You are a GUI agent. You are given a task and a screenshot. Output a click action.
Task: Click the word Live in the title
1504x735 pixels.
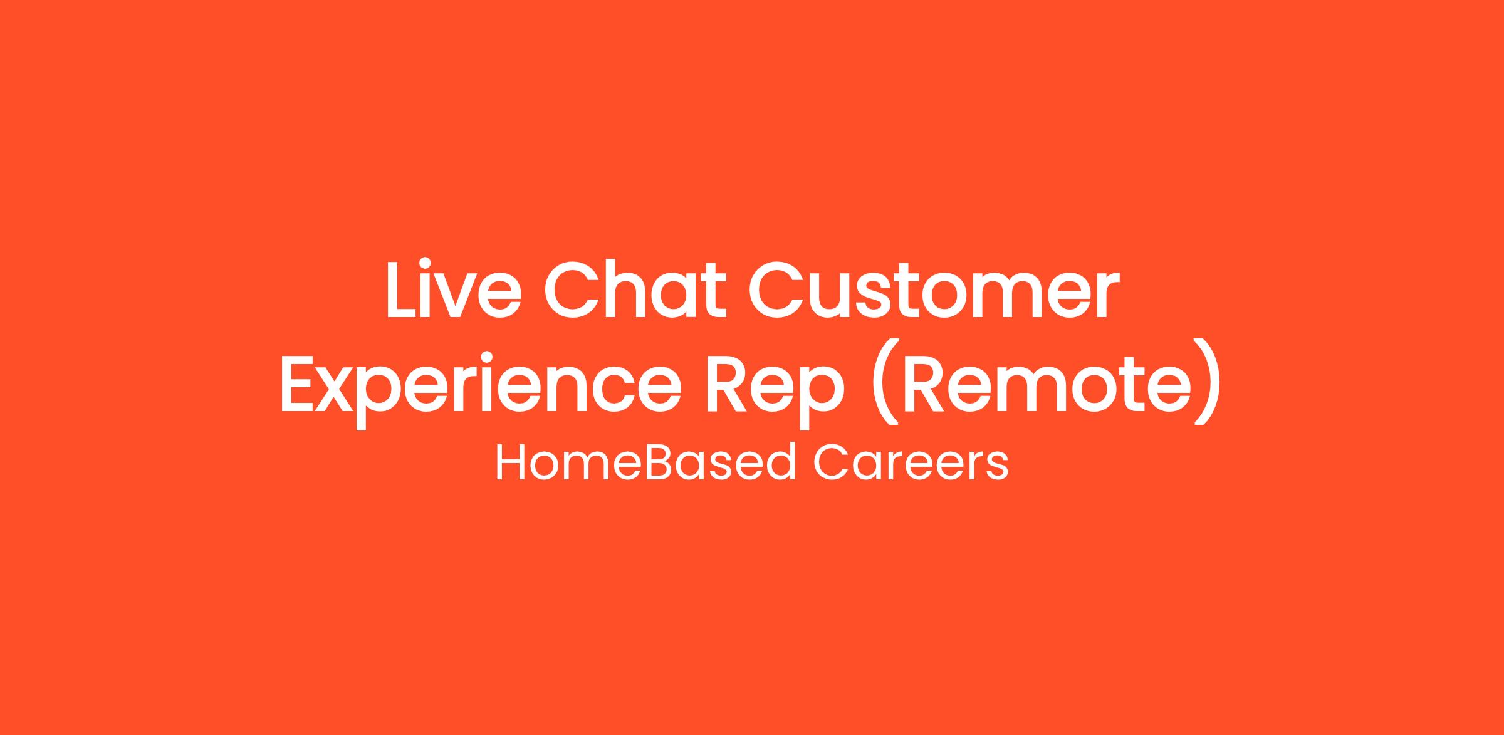tap(454, 289)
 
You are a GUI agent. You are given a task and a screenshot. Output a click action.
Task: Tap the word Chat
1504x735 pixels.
tap(635, 289)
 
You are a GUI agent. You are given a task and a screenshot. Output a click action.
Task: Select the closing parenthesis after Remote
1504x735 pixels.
tap(1209, 382)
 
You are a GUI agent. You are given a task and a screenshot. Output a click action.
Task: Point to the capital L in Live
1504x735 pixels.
tap(404, 289)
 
